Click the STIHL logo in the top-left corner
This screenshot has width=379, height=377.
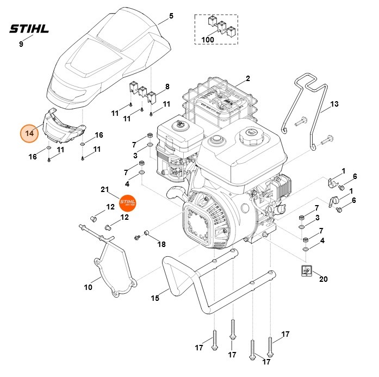[29, 28]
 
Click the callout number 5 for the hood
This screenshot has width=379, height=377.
[171, 16]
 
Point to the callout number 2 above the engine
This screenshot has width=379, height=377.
[247, 78]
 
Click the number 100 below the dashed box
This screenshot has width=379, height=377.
[207, 40]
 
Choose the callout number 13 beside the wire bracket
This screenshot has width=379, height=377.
[334, 103]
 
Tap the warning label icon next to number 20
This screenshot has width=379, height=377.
[306, 271]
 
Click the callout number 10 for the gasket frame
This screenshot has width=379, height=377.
[88, 287]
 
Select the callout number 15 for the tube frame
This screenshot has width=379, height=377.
[155, 298]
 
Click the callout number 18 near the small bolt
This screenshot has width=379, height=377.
[161, 244]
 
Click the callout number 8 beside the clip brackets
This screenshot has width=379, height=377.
[167, 86]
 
